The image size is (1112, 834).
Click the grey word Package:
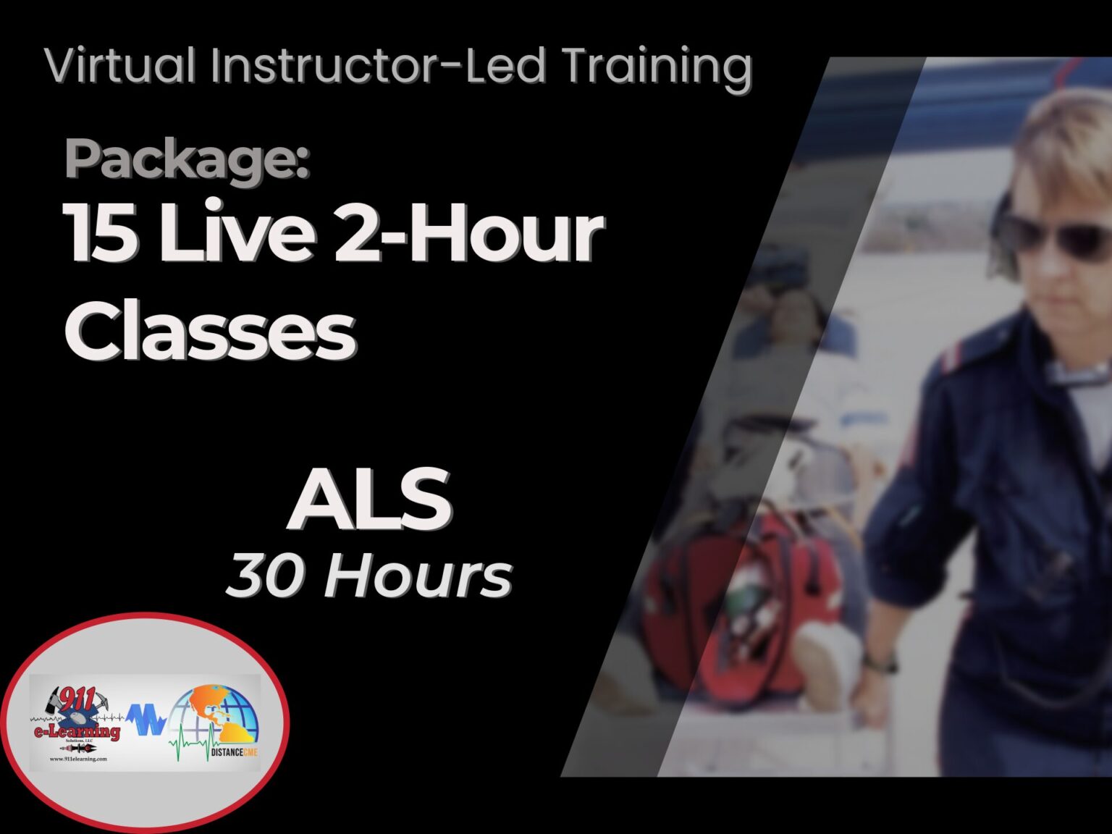pos(187,159)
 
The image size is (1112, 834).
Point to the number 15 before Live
pos(100,233)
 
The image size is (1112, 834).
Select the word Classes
pos(210,331)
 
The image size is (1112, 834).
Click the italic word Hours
pos(418,577)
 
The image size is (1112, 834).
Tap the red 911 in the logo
pos(75,701)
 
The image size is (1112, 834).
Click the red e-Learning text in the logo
pos(77,731)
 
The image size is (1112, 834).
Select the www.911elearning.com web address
pos(78,759)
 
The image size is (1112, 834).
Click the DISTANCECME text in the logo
pos(233,753)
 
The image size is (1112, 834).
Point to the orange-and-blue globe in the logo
pos(221,713)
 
